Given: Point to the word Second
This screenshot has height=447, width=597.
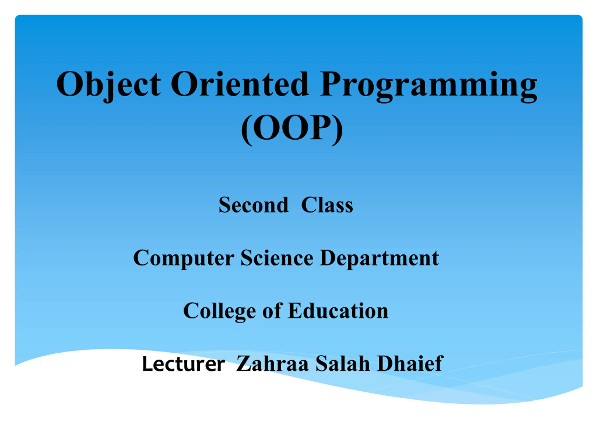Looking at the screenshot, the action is pos(253,205).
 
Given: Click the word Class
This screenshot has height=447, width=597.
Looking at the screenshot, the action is pos(327,205).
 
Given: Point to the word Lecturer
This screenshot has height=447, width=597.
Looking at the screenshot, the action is pos(184,364).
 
